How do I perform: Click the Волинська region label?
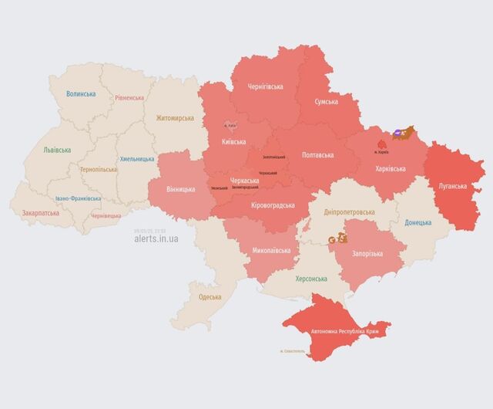pos(81,94)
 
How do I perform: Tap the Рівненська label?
pos(129,98)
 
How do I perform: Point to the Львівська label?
pos(57,150)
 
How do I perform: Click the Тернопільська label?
pos(99,168)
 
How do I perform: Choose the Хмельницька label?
pos(136,159)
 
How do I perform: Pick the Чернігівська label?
pos(266,87)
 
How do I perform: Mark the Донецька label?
pos(418,223)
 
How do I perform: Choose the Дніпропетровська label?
pos(349,211)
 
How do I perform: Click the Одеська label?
pos(210,296)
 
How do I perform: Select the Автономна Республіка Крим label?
pos(345,332)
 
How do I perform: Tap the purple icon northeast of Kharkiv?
pos(397,134)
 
